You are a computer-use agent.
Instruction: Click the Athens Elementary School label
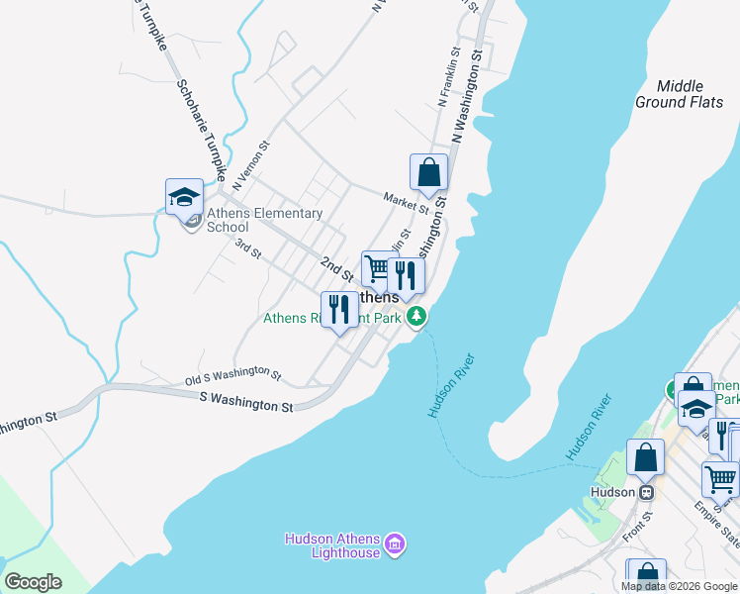pyautogui.click(x=264, y=220)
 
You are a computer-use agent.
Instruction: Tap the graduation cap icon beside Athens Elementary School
pyautogui.click(x=184, y=197)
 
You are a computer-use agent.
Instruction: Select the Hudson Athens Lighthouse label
pyautogui.click(x=332, y=545)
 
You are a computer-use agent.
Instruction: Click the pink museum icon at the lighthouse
pyautogui.click(x=395, y=543)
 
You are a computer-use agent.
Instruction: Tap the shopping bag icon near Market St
pyautogui.click(x=428, y=172)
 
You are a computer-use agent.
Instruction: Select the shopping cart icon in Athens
pyautogui.click(x=377, y=266)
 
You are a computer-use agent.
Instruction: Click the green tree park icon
pyautogui.click(x=418, y=317)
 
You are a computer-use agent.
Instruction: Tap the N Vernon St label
pyautogui.click(x=250, y=165)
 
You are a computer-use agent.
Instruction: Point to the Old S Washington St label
pyautogui.click(x=233, y=375)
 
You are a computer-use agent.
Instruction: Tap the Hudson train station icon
pyautogui.click(x=647, y=491)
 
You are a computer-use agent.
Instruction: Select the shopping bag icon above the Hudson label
pyautogui.click(x=645, y=458)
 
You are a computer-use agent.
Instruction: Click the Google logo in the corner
pyautogui.click(x=33, y=581)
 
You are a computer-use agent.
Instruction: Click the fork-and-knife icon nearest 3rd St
pyautogui.click(x=339, y=309)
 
